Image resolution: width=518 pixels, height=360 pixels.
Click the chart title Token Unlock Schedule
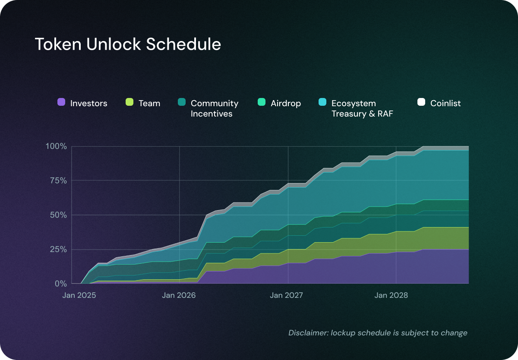click(128, 44)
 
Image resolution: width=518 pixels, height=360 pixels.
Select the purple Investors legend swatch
click(61, 102)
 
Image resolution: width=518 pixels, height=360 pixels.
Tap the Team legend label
click(149, 103)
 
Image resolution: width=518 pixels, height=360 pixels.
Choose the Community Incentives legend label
click(215, 108)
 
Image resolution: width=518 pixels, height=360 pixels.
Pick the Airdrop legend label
click(286, 103)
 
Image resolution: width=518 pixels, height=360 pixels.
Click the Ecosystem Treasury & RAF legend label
click(362, 108)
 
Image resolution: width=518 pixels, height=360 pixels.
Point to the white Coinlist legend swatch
click(421, 102)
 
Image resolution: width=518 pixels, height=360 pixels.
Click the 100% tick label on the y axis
click(56, 146)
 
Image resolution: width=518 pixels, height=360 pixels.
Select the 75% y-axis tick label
click(58, 181)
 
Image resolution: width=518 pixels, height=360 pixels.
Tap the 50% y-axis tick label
click(58, 215)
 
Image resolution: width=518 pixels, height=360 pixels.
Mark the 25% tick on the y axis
click(58, 249)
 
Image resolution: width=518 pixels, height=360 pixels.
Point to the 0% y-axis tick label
click(60, 284)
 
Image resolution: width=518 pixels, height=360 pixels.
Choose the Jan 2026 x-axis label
click(179, 296)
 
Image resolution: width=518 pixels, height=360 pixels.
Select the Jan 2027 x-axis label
click(287, 296)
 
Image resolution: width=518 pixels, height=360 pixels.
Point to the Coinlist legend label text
click(445, 103)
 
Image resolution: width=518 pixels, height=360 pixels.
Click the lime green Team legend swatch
click(129, 102)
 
